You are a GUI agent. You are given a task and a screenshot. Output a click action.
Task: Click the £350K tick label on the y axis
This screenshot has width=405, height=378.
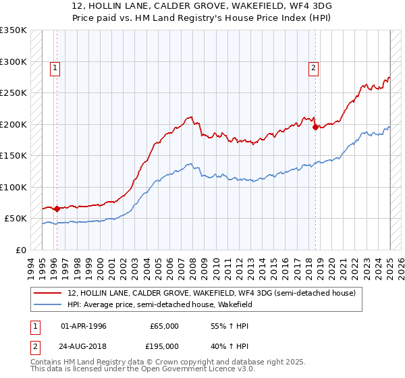point(13,30)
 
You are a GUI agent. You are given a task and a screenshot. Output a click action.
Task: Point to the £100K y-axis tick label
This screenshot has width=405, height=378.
point(13,187)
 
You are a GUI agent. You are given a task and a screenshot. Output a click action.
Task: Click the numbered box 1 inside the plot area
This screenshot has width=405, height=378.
point(54,67)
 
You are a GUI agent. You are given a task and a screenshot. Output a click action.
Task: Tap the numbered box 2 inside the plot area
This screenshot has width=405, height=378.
point(314,67)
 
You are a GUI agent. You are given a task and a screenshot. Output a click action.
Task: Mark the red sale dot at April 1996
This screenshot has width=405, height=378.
point(57,209)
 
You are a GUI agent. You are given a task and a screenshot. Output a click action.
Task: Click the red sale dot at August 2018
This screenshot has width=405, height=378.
point(315,127)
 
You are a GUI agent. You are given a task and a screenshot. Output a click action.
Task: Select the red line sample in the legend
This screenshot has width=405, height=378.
point(49,293)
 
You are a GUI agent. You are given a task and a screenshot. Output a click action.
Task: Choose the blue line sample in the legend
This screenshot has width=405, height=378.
point(49,304)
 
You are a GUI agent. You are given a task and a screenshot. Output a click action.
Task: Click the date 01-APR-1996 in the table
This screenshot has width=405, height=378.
point(84,326)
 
